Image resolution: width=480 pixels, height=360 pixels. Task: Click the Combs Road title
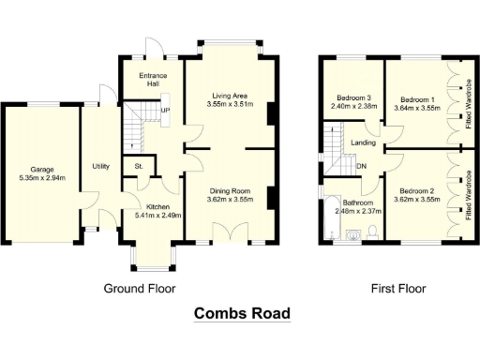(x=242, y=313)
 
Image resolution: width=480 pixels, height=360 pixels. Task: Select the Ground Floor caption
(x=139, y=288)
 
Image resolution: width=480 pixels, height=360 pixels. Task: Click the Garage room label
(x=40, y=170)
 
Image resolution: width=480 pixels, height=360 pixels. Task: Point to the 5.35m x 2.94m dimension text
(x=40, y=178)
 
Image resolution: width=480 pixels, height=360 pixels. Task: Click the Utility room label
(x=100, y=166)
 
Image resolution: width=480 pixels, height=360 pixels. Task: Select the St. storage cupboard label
(x=139, y=167)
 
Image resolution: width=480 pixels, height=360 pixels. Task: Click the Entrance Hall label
(x=153, y=79)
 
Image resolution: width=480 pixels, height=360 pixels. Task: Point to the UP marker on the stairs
(x=165, y=110)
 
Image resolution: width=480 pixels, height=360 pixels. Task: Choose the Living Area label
(x=229, y=95)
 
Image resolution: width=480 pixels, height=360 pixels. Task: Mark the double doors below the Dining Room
(x=227, y=233)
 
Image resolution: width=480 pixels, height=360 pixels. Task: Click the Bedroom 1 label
(x=417, y=98)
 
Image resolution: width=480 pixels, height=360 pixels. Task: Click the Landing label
(x=364, y=143)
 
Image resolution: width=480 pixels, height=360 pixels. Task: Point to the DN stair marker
(x=361, y=167)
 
